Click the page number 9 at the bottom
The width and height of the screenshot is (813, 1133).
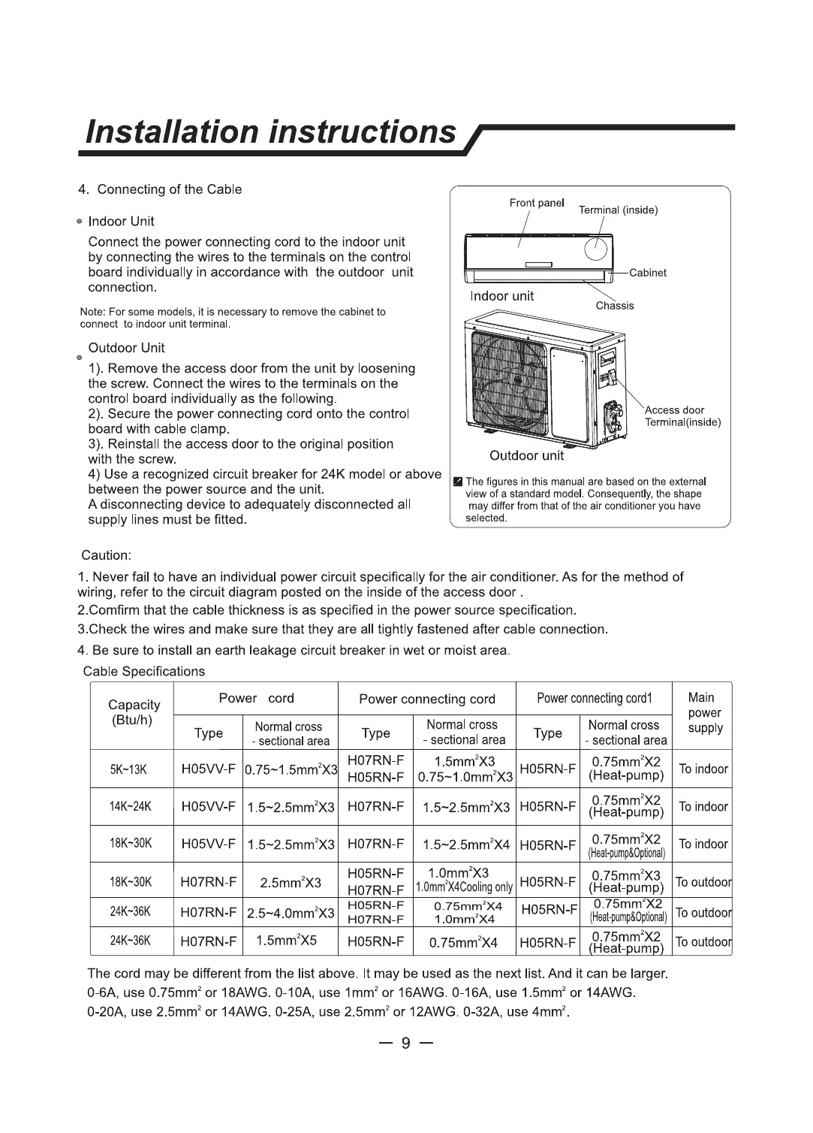coord(406,1043)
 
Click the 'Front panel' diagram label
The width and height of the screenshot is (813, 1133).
coord(536,203)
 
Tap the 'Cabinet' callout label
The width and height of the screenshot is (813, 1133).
coord(647,273)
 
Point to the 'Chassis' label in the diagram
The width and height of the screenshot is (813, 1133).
coord(614,306)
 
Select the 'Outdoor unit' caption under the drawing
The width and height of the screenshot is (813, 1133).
coord(525,455)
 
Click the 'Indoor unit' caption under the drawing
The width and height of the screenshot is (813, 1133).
coord(501,296)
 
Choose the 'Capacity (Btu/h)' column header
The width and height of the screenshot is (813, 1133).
coord(134,712)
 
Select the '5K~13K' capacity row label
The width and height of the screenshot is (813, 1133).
coord(128,769)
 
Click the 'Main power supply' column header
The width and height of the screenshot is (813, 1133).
coord(704,712)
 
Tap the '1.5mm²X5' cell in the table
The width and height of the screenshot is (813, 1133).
coord(286,941)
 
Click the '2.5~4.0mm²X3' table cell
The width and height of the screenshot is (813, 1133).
coord(291,913)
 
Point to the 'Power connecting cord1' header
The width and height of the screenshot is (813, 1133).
coord(594,698)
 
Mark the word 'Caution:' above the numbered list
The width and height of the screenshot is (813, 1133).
coord(106,555)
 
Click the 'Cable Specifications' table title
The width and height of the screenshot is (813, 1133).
coord(143,672)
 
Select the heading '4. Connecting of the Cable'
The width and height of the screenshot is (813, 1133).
coord(160,189)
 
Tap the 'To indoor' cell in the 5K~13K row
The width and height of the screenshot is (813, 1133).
coord(703,769)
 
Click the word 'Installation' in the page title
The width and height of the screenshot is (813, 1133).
coord(173,132)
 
